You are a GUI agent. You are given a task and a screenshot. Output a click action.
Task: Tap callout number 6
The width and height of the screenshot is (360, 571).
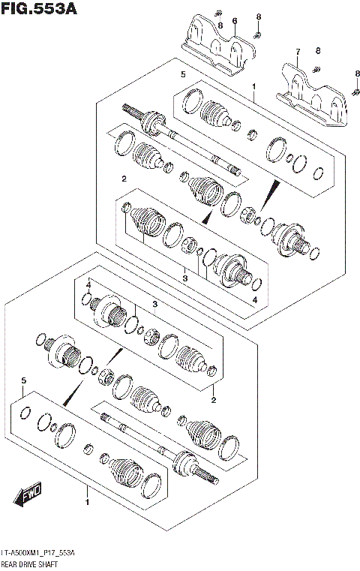pos(234,21)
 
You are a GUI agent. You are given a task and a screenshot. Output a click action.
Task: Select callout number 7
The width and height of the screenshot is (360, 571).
pos(297,52)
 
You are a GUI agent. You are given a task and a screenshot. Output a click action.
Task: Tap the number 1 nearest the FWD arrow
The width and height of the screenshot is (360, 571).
pos(88,501)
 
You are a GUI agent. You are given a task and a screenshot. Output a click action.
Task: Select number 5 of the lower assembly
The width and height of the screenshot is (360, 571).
pos(24,381)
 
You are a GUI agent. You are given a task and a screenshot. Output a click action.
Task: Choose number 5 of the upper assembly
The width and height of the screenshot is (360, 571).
pos(182,74)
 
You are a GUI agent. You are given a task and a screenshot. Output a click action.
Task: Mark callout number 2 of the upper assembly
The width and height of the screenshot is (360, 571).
pos(123,178)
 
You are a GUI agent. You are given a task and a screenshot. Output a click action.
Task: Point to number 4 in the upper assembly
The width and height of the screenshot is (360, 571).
pos(254,300)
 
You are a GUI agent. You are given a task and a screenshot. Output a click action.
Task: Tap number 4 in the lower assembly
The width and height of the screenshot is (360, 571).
pos(88,285)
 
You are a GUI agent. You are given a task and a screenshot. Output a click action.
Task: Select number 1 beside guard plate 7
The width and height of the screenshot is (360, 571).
pos(254,88)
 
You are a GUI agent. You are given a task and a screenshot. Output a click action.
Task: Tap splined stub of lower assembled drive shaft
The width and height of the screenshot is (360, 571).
pos(211,478)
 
